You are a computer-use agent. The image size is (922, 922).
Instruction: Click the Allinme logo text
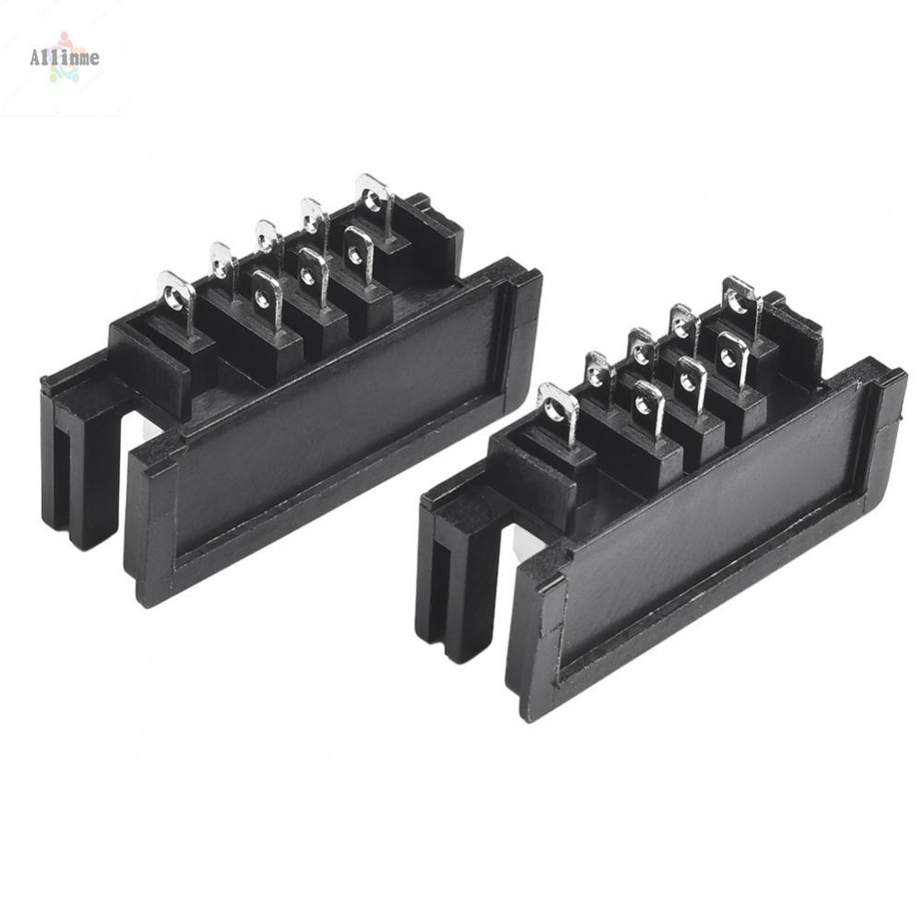coord(64,58)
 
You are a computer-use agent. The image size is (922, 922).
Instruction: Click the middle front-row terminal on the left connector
coord(313,273)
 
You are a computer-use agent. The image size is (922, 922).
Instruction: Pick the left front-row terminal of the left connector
coord(266,297)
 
